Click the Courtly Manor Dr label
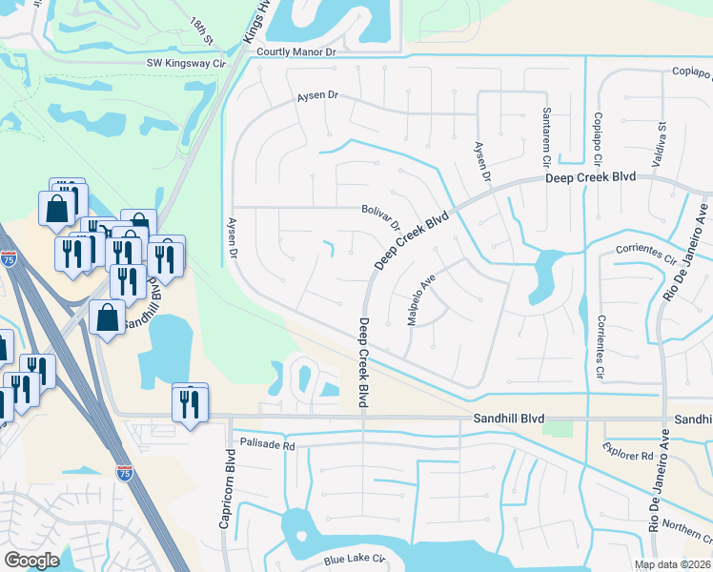296,52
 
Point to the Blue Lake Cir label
353,560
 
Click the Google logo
31,560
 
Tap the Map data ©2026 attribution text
672,564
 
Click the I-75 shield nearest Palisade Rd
124,472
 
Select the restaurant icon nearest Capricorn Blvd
190,402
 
